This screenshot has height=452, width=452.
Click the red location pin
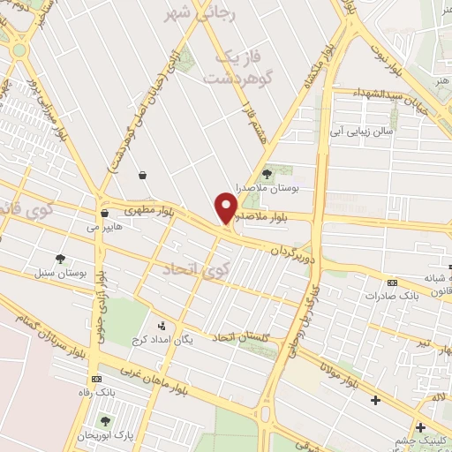(x=226, y=208)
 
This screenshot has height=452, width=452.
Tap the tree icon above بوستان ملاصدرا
(x=267, y=176)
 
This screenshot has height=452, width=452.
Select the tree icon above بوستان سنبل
(x=60, y=259)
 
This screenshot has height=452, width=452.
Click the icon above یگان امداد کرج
(x=161, y=324)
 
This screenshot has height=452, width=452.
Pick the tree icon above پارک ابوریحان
(x=106, y=421)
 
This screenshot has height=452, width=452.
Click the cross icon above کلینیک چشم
(x=420, y=426)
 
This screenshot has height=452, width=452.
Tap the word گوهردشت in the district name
(x=233, y=78)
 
